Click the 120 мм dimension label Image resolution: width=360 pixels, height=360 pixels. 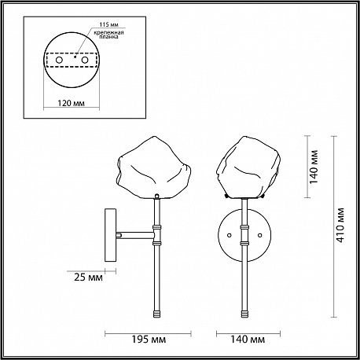coord(71,103)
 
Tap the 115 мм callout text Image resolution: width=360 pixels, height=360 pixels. coord(108,24)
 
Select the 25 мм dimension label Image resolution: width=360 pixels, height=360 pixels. coord(88,277)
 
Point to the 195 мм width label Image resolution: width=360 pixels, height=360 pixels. coord(149,340)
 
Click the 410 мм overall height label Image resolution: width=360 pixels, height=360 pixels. coord(340,225)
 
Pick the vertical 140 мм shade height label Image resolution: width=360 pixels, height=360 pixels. coord(314,167)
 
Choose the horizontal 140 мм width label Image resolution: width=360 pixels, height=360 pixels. coord(248,340)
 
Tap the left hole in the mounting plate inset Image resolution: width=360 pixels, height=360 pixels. coord(59,60)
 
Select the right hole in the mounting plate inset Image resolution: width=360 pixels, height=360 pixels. coord(85,60)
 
